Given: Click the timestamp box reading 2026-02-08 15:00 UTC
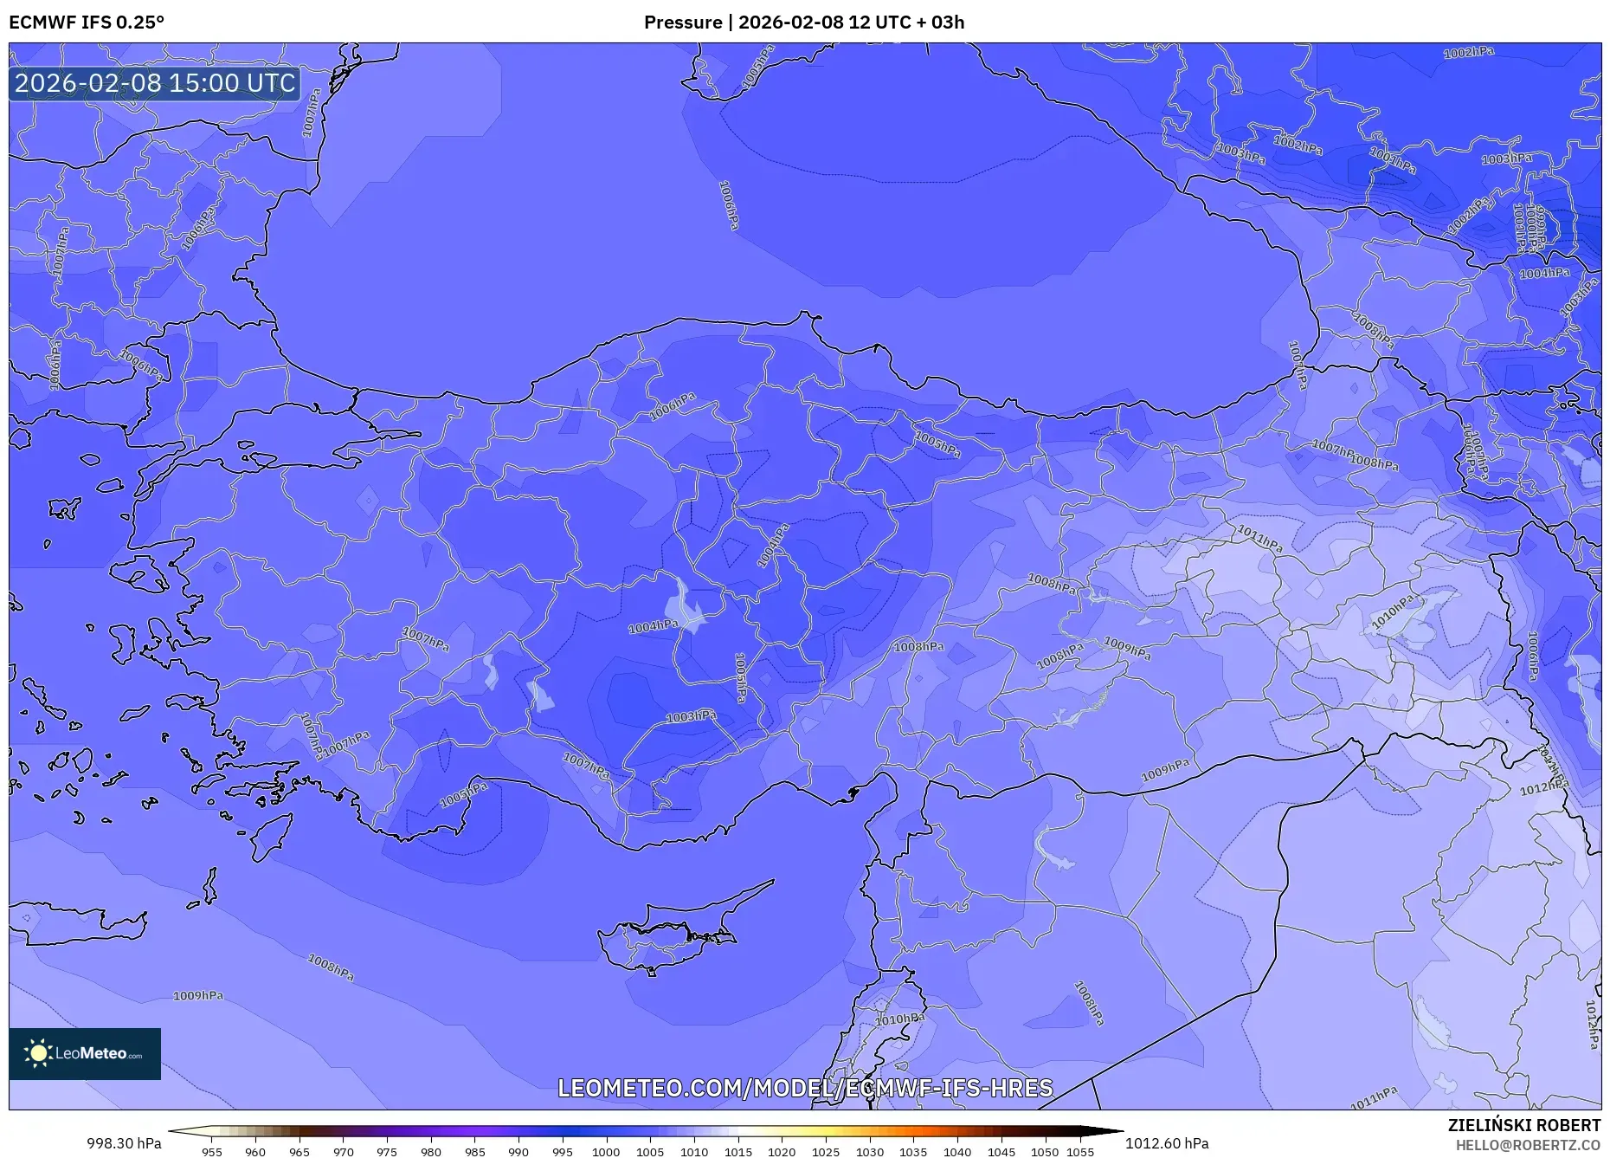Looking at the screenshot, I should (x=155, y=83).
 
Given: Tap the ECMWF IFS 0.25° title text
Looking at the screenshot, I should (x=86, y=23).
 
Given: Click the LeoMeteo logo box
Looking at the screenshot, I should (x=85, y=1053).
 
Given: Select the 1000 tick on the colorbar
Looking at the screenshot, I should (x=606, y=1151).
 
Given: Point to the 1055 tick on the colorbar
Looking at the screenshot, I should (x=1080, y=1151).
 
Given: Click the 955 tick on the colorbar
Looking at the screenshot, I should (x=212, y=1151).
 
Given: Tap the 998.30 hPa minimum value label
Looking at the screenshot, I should (x=124, y=1143).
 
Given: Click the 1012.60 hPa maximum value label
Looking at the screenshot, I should (x=1167, y=1143).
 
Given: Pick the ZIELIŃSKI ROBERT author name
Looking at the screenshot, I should (x=1523, y=1125).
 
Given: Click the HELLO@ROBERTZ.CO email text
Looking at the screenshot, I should (x=1527, y=1145).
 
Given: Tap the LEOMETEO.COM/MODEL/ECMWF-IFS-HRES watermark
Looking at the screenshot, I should (x=805, y=1088).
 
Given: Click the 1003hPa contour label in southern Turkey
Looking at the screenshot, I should (x=691, y=716).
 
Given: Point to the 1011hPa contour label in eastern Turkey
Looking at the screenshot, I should (x=1259, y=539).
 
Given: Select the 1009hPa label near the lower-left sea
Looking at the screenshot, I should (x=198, y=996).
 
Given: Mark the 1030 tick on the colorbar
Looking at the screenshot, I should (x=870, y=1151).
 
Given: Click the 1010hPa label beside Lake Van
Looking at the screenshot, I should (x=1394, y=611).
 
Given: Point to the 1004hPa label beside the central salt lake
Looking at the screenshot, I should (x=654, y=626).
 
